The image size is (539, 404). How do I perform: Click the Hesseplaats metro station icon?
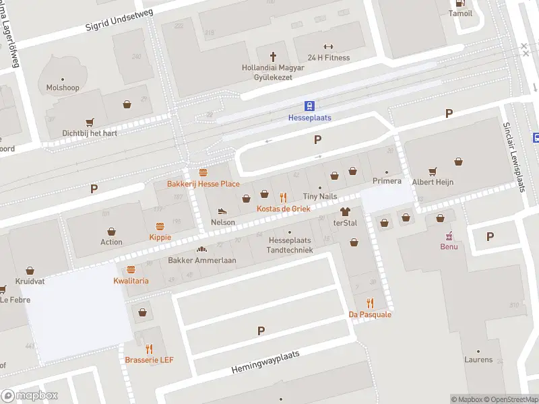(x=310, y=106)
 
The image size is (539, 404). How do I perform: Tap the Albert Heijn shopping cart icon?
(x=433, y=170)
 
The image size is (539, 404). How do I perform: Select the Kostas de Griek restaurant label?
(x=283, y=209)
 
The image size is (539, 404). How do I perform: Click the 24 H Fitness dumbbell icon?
(x=328, y=46)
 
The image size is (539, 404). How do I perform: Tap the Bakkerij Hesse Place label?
(x=203, y=184)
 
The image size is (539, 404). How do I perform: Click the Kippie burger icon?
(x=160, y=226)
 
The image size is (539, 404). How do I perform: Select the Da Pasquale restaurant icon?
(x=370, y=303)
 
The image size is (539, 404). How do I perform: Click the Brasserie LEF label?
(x=149, y=360)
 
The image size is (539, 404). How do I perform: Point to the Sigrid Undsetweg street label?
(x=120, y=20)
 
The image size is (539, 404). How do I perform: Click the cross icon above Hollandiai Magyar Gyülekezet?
(x=274, y=57)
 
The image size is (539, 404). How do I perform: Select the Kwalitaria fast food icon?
(x=131, y=269)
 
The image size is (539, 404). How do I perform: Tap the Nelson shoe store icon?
(x=223, y=211)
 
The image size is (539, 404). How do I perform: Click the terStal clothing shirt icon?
(x=346, y=211)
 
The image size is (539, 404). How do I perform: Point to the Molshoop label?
(x=63, y=88)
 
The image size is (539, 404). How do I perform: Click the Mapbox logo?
(x=30, y=396)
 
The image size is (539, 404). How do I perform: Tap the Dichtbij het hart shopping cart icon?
(x=90, y=122)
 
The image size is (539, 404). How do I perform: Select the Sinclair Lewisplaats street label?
(x=515, y=157)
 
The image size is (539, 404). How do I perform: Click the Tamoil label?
(x=461, y=13)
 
